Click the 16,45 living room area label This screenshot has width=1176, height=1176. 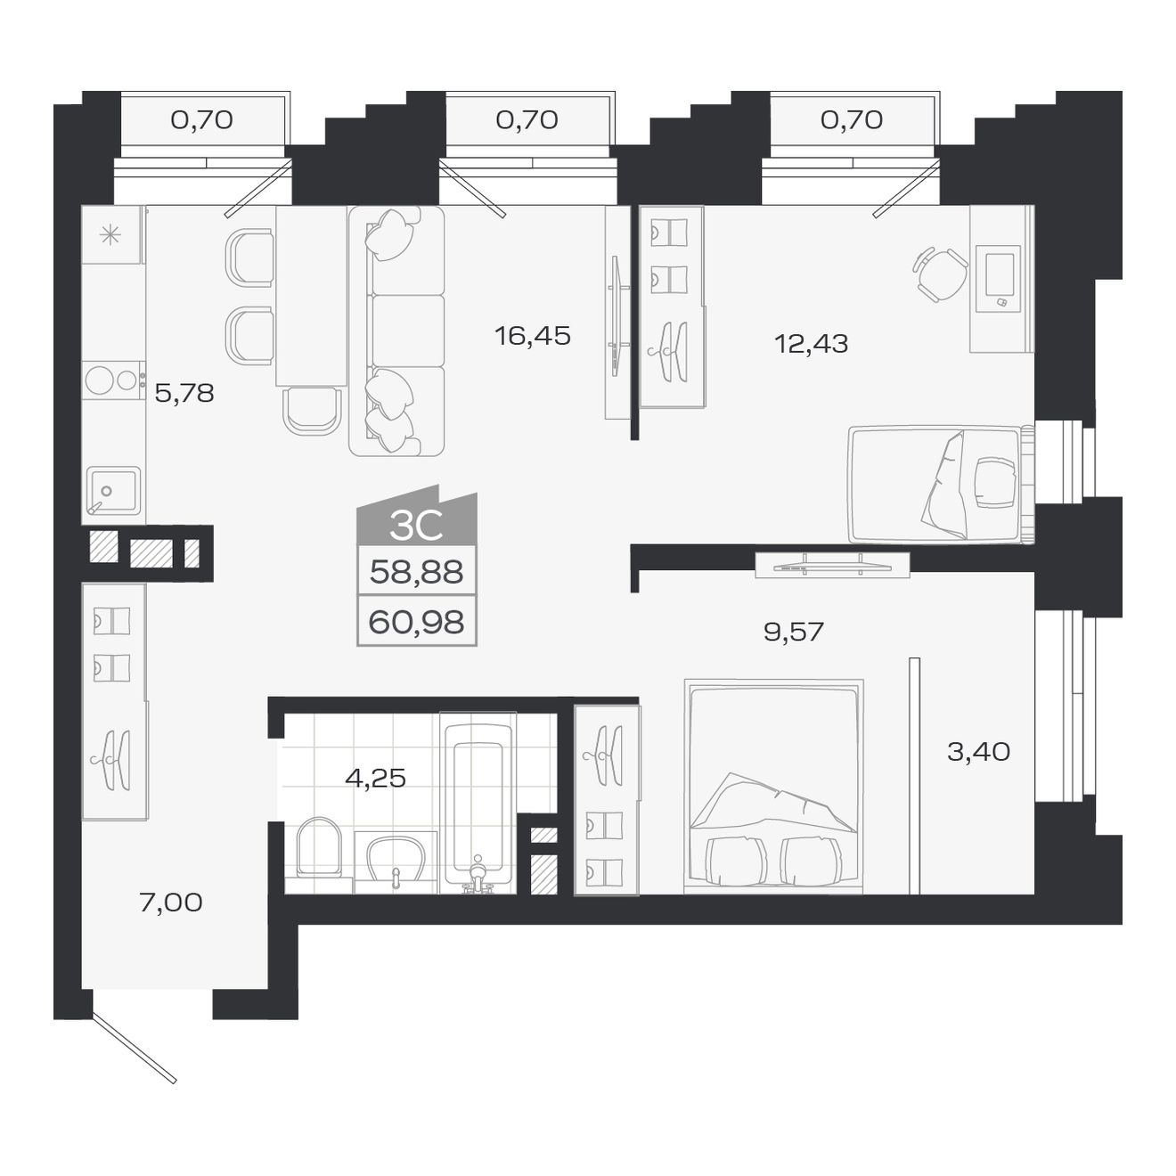[532, 336]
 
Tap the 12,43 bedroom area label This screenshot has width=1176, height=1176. [811, 343]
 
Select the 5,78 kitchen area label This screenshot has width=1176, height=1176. [184, 393]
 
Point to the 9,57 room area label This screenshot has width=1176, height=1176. [793, 632]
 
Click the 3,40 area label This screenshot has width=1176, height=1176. [978, 752]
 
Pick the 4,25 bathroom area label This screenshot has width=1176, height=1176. [375, 779]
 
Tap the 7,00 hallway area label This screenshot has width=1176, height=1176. [171, 902]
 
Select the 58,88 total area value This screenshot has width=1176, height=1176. [416, 572]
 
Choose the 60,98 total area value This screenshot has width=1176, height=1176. [416, 622]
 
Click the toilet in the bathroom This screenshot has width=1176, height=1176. [318, 848]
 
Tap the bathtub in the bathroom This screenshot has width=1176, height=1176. [478, 802]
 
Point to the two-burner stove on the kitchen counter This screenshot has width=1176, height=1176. [113, 380]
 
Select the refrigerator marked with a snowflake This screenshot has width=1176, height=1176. [110, 235]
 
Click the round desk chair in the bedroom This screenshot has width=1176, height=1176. [939, 274]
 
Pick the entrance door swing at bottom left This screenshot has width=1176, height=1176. [134, 1047]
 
